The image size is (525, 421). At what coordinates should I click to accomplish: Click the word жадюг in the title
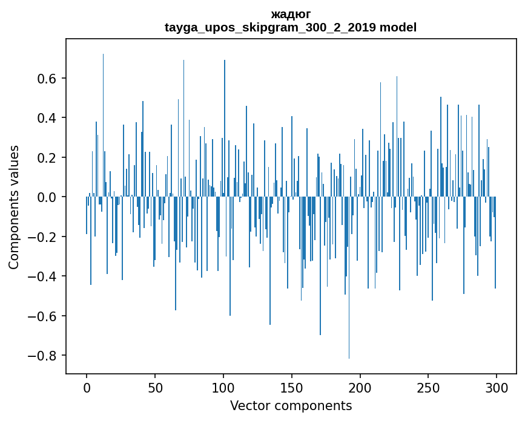[x=291, y=15]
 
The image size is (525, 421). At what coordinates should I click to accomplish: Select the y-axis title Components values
[x=14, y=207]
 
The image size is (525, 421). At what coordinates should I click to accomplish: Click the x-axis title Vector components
[x=291, y=405]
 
